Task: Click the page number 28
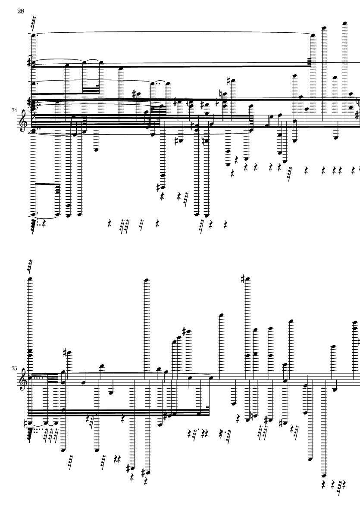point(21,11)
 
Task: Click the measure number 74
point(14,110)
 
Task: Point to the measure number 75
point(14,368)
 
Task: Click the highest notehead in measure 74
point(344,23)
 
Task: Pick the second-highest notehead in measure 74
point(323,28)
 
